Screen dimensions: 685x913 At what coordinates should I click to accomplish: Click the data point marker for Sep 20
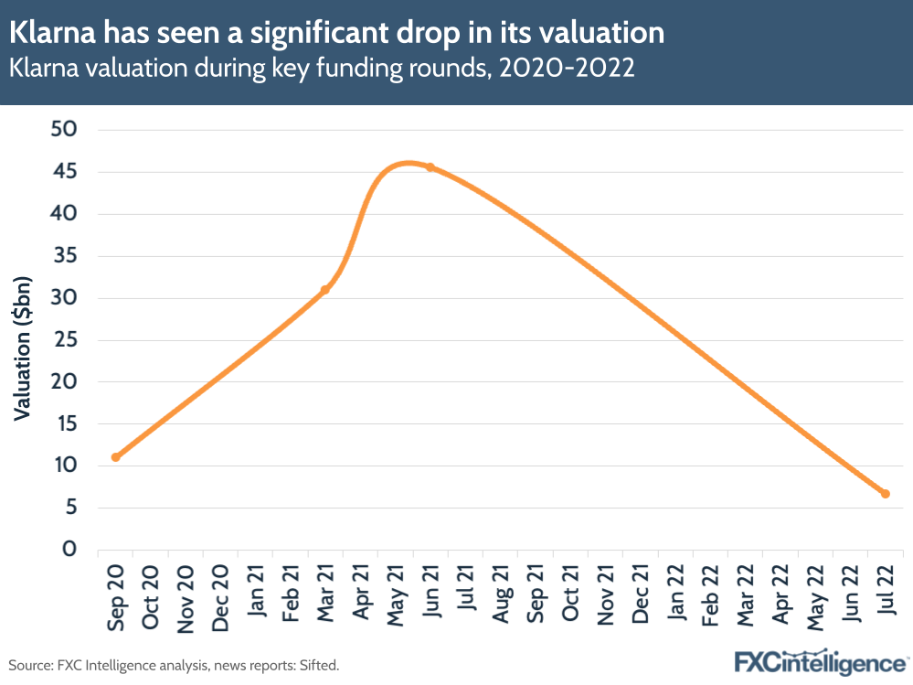pyautogui.click(x=115, y=456)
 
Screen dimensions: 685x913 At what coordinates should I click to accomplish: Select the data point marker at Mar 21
pyautogui.click(x=324, y=290)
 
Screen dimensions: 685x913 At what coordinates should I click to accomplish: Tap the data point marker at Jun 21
pyautogui.click(x=430, y=167)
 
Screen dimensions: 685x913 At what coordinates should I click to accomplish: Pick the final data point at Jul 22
pyautogui.click(x=885, y=494)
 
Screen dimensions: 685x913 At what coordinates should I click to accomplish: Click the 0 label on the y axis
pyautogui.click(x=69, y=550)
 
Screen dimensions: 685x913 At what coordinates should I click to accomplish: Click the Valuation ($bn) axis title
pyautogui.click(x=23, y=347)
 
